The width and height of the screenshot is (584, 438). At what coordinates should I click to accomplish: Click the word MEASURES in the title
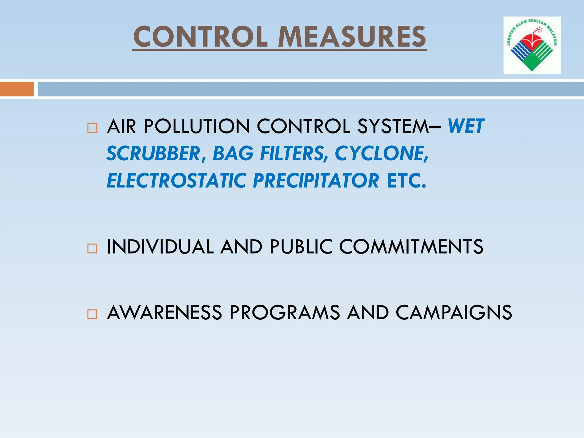(352, 37)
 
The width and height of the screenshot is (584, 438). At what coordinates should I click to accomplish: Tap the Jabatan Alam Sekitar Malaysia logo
(532, 45)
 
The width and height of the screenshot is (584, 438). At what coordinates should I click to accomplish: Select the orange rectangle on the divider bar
(17, 89)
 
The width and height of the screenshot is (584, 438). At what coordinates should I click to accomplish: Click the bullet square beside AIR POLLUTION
(92, 128)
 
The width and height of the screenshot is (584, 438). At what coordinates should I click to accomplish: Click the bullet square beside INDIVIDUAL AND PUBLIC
(92, 248)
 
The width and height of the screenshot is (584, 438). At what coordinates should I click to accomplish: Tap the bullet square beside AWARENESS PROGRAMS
(92, 314)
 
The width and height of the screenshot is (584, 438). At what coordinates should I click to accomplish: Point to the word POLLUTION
(197, 126)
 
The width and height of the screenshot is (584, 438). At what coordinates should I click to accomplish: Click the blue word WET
(466, 126)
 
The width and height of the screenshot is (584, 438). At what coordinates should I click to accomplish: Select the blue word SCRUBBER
(154, 153)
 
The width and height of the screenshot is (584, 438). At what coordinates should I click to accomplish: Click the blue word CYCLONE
(381, 153)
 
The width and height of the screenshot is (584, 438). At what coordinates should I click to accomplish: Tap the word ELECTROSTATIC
(177, 181)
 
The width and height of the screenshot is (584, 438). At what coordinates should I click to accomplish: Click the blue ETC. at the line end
(406, 181)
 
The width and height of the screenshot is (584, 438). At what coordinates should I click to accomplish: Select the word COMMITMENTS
(411, 247)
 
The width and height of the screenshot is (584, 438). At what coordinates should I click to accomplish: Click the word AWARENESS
(165, 312)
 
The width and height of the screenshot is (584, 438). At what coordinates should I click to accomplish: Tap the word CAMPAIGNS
(454, 312)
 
